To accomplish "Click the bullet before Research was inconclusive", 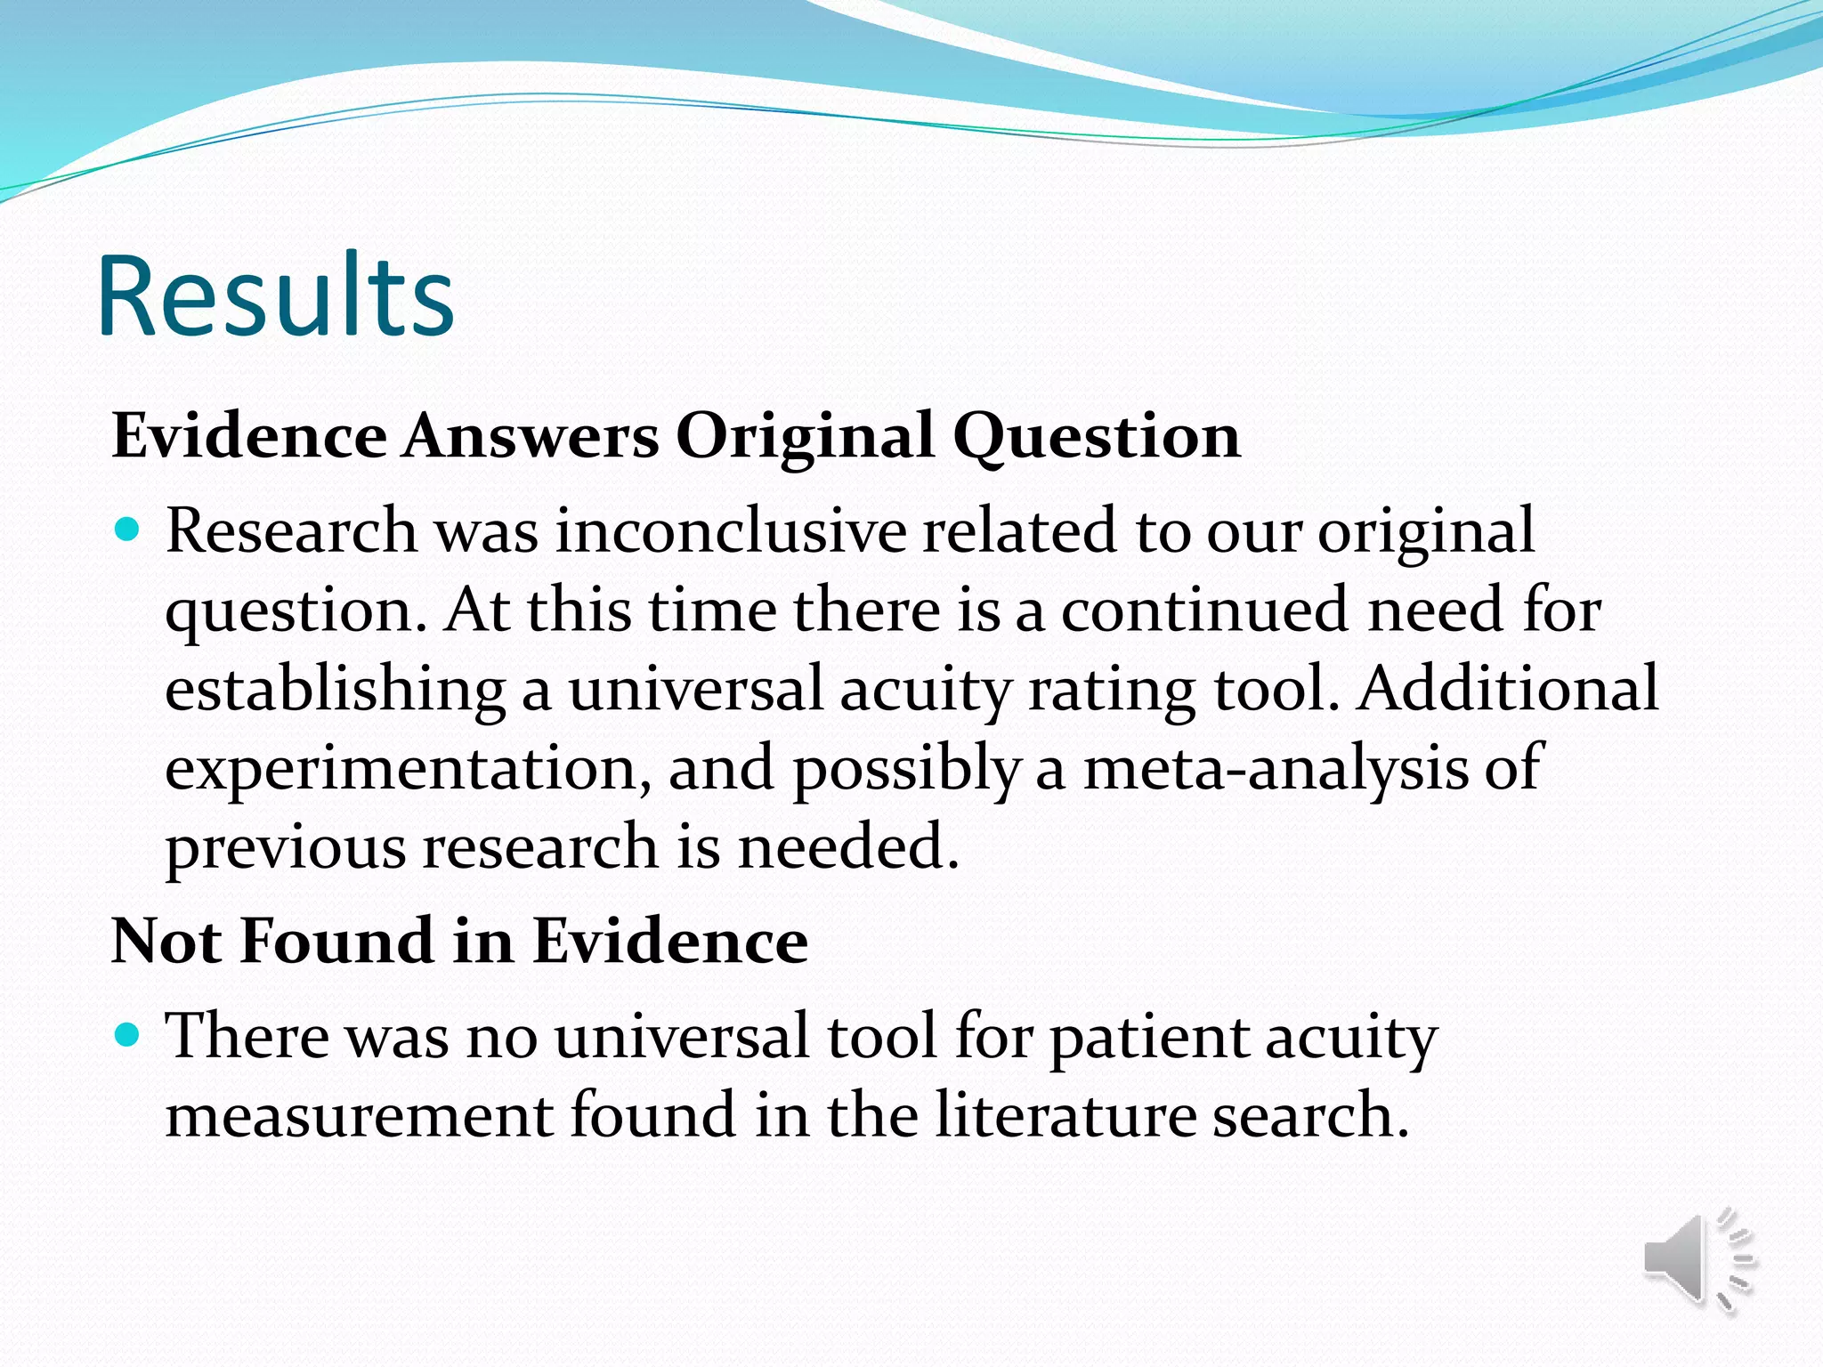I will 129,530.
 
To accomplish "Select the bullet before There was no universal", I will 129,1035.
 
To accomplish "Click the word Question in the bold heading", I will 1097,438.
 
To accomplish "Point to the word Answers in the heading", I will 531,436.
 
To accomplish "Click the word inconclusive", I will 731,531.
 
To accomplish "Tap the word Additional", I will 1508,689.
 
